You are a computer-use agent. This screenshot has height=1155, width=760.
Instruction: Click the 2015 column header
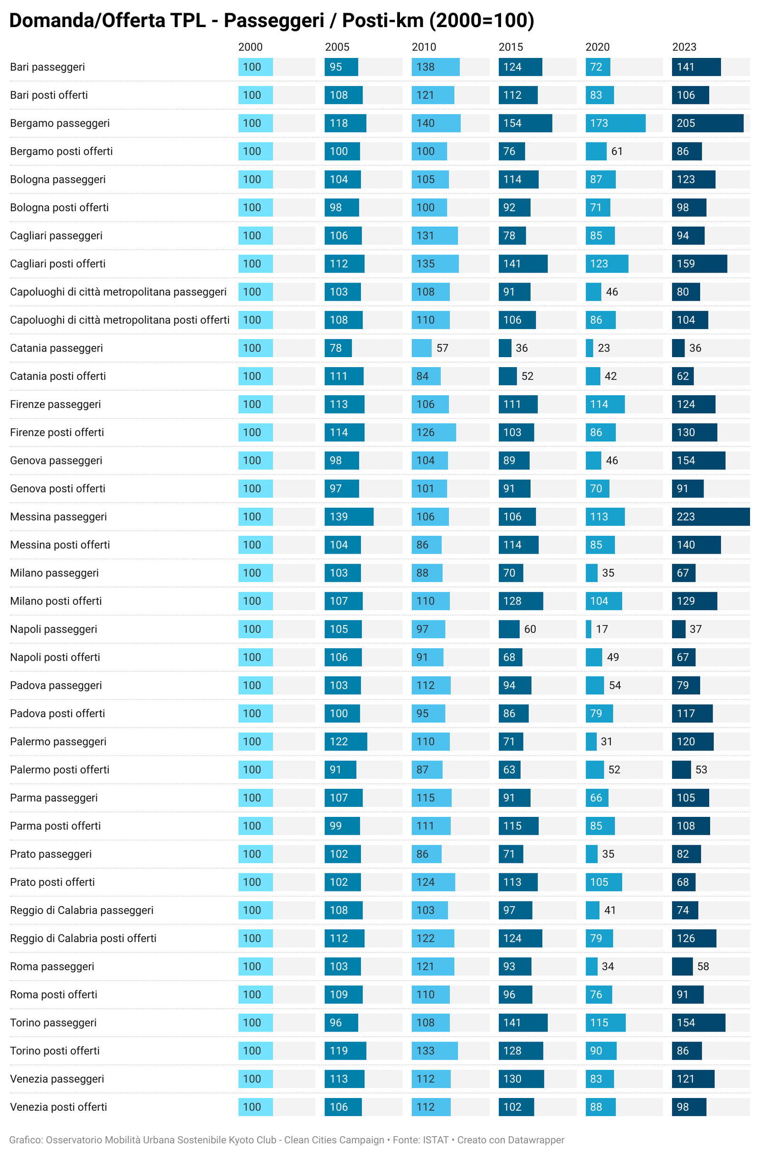pyautogui.click(x=511, y=47)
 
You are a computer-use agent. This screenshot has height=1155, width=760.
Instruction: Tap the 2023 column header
pyautogui.click(x=684, y=47)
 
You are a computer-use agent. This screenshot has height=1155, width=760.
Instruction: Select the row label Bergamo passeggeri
pyautogui.click(x=60, y=123)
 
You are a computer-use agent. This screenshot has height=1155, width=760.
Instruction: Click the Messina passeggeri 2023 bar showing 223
pyautogui.click(x=711, y=516)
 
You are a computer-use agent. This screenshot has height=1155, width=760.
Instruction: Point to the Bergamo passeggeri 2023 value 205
pyautogui.click(x=686, y=123)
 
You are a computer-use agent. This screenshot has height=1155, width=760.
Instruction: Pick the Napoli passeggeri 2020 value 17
pyautogui.click(x=602, y=629)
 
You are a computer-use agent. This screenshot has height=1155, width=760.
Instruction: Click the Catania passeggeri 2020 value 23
pyautogui.click(x=604, y=348)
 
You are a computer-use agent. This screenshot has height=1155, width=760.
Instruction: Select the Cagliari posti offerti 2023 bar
pyautogui.click(x=699, y=264)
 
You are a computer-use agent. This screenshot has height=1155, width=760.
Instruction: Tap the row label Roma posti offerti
pyautogui.click(x=53, y=994)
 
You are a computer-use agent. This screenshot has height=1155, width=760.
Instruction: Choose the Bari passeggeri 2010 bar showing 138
pyautogui.click(x=435, y=67)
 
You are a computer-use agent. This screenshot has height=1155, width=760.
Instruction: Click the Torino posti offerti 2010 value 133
pyautogui.click(x=425, y=1051)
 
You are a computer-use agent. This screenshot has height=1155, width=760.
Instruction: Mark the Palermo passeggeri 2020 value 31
pyautogui.click(x=606, y=741)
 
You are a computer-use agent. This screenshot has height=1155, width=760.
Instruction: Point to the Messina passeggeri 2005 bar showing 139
pyautogui.click(x=349, y=516)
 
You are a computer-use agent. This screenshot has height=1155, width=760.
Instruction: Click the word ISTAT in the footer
pyautogui.click(x=435, y=1140)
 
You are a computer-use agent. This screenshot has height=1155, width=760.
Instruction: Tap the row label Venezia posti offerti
pyautogui.click(x=58, y=1107)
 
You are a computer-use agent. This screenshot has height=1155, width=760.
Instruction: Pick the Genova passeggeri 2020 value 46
pyautogui.click(x=611, y=461)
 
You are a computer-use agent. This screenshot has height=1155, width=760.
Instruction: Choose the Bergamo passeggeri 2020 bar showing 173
pyautogui.click(x=616, y=123)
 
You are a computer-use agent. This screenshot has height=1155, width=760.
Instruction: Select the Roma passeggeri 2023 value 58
pyautogui.click(x=703, y=966)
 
